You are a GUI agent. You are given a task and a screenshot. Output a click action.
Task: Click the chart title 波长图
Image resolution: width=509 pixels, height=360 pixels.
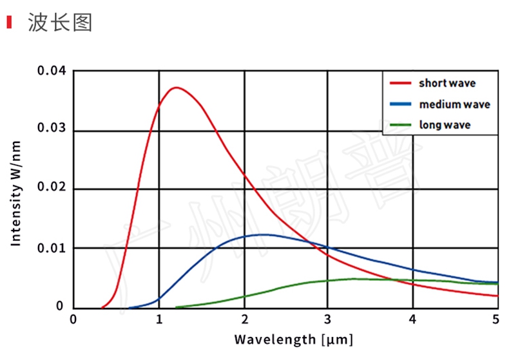61,23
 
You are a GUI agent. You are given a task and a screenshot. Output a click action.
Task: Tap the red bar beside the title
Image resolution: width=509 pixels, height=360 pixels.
9,23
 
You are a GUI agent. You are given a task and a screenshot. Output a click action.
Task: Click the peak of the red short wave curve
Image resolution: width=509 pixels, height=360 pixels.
175,88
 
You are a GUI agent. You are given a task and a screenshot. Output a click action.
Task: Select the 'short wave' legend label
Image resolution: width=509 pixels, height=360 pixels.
447,83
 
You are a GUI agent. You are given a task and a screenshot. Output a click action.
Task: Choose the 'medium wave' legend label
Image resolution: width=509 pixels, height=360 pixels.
454,104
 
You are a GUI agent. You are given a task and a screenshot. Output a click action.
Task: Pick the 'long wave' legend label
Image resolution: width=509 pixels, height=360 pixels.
445,125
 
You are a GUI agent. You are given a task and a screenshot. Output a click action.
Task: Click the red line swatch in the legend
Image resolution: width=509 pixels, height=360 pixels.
400,83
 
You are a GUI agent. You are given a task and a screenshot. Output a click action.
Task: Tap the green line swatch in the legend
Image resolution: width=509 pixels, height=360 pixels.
400,125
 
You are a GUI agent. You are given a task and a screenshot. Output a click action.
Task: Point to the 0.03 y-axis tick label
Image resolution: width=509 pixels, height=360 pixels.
51,128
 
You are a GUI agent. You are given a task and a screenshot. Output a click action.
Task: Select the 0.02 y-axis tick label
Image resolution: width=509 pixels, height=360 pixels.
51,187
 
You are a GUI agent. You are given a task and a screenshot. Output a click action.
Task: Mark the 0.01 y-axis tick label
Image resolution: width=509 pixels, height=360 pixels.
51,247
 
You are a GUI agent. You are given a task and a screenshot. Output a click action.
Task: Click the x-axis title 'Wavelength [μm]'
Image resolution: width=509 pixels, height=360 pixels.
293,339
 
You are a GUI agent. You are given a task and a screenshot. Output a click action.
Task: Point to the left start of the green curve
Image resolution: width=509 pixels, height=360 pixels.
177,307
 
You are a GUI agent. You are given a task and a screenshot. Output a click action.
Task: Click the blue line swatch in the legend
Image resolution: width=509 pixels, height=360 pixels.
400,104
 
